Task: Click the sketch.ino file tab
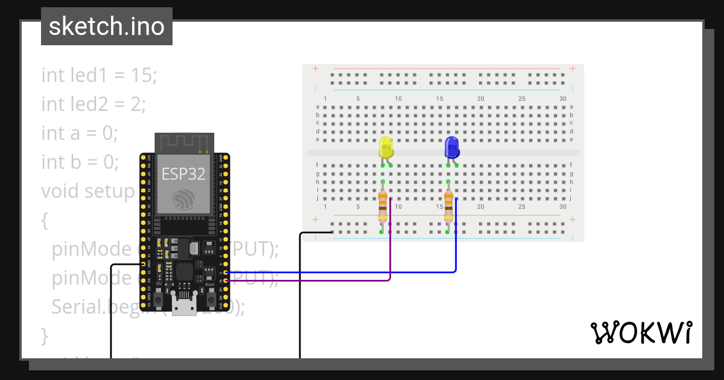pos(107,27)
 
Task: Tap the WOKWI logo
pos(641,332)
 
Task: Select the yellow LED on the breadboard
pos(386,148)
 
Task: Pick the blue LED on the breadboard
pos(451,148)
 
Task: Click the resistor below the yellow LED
pos(382,206)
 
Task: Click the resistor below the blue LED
pos(448,206)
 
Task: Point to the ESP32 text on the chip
pos(183,174)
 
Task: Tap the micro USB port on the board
pos(184,305)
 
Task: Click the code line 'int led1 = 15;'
pos(99,75)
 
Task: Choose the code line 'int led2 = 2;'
pos(94,104)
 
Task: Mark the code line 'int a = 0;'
pos(79,133)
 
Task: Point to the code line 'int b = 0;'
pos(80,162)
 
